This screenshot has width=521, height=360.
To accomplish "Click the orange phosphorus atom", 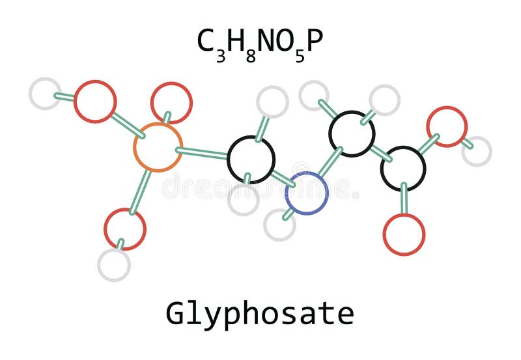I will tap(158, 147).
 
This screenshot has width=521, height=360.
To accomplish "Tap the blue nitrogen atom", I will tap(306, 193).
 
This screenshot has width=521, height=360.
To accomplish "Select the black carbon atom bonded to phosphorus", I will tap(251, 159).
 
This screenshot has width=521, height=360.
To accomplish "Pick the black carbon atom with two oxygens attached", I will tap(403, 169).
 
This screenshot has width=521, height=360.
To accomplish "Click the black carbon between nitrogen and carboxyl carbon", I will tap(352, 133).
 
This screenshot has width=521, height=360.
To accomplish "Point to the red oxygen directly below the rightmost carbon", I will tap(404, 234).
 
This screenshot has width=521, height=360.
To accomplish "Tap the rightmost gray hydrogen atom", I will tap(477, 151).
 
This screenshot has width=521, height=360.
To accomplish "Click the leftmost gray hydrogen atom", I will tap(45, 93).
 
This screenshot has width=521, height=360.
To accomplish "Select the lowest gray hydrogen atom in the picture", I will tap(114, 265).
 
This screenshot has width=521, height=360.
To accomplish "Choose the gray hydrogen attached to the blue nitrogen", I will tap(279, 225).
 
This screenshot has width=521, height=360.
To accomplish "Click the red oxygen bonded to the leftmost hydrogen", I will tap(95, 101).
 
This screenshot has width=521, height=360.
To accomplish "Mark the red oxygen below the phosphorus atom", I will tap(124, 228).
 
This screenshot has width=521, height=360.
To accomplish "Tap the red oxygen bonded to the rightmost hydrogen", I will tap(447, 126).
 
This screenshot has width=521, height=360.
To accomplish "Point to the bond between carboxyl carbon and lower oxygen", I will tap(404, 199).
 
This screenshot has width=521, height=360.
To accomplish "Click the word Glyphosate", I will tap(260, 313).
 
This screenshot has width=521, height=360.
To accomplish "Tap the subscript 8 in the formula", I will tap(250, 55).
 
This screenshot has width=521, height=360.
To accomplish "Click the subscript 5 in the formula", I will tap(300, 55).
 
